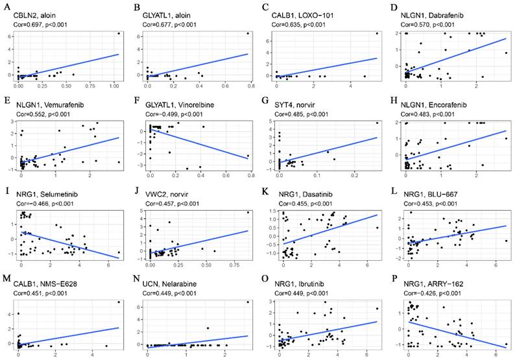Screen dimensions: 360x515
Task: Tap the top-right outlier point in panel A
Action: pyautogui.click(x=119, y=33)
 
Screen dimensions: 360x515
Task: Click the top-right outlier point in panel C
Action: pyautogui.click(x=377, y=33)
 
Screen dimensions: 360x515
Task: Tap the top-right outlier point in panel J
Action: pyautogui.click(x=248, y=212)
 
